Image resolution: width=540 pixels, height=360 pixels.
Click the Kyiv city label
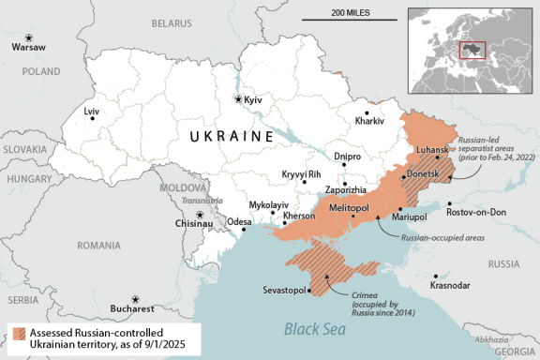click(254, 99)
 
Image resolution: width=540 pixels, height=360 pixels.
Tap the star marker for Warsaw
click(15, 36)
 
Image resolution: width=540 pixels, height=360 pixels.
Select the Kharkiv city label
click(370, 121)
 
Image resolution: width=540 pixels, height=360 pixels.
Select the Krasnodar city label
click(452, 284)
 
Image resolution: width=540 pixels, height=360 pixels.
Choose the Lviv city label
click(91, 112)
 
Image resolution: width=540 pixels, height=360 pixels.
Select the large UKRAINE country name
click(231, 137)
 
